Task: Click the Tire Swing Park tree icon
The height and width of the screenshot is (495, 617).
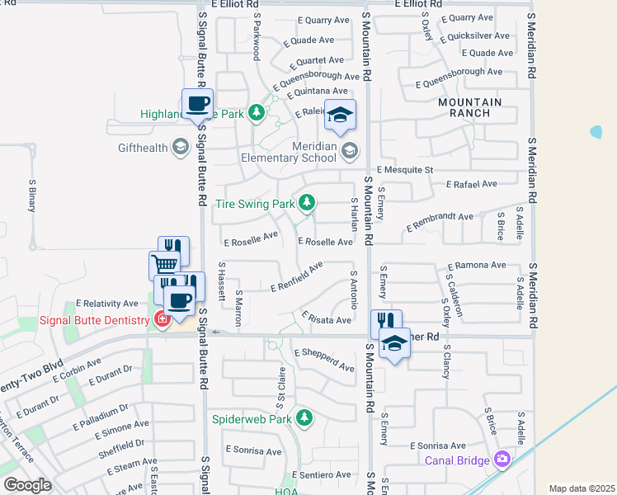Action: tap(307, 202)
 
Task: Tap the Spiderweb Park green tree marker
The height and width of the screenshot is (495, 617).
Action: tap(304, 418)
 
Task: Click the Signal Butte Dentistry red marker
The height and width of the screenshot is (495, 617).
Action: tap(162, 319)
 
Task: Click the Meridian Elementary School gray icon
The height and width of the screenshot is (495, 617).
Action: tap(350, 150)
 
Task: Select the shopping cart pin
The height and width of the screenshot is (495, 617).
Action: tap(164, 265)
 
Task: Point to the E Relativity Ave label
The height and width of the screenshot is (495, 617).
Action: tap(107, 304)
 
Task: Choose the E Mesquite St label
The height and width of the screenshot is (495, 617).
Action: tap(406, 170)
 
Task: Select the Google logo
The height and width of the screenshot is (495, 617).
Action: tap(27, 485)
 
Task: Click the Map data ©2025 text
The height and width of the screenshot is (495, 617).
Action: tap(582, 488)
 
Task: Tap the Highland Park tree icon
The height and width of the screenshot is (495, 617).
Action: tap(256, 113)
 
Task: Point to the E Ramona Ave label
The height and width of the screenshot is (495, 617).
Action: tap(476, 266)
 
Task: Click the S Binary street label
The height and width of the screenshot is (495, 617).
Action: tap(32, 196)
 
